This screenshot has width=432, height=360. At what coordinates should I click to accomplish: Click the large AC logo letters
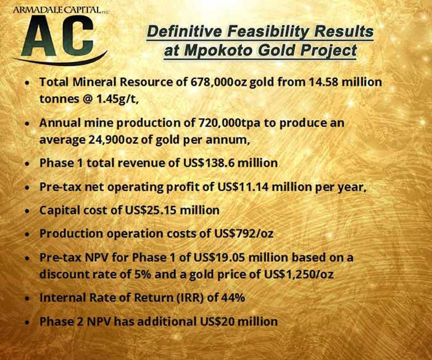point(57,35)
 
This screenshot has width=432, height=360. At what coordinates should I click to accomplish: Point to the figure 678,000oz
point(218,82)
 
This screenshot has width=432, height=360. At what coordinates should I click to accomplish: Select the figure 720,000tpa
point(229,123)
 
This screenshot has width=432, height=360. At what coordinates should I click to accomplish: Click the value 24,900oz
point(114,140)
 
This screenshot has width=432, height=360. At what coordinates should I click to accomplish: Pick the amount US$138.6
point(209,163)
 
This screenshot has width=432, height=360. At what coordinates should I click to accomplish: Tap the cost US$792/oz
point(244,234)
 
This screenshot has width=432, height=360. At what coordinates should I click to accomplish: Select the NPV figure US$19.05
point(219,258)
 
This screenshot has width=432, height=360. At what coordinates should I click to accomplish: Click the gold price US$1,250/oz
point(299,274)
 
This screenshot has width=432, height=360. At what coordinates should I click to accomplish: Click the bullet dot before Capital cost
point(27,211)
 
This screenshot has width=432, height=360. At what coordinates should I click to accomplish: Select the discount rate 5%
point(143,274)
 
